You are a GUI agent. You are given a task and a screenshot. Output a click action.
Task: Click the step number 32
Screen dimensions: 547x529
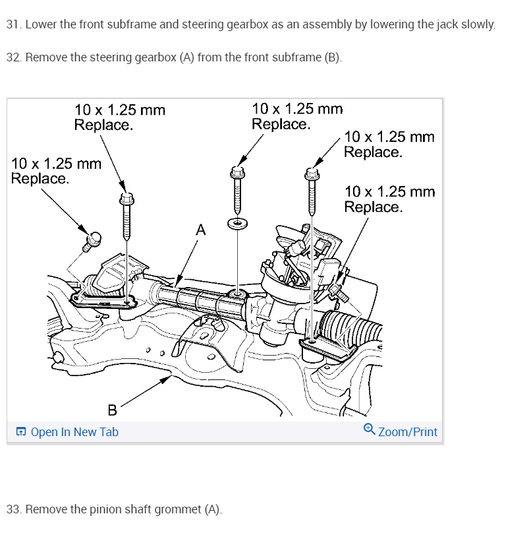point(13,57)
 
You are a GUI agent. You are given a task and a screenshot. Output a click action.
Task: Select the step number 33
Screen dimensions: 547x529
point(13,509)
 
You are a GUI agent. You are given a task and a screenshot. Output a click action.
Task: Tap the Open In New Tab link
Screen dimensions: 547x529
point(74,432)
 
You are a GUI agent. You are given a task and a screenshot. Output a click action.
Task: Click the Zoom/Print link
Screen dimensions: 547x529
point(407,432)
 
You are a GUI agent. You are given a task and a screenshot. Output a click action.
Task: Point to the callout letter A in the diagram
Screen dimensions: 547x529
point(200,230)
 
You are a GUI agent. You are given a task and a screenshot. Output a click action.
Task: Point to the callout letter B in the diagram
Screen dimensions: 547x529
point(112,410)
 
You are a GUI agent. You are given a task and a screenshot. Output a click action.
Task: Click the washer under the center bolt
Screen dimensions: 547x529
point(237,222)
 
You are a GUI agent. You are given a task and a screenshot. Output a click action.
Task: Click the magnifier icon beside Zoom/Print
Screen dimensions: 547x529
point(370,430)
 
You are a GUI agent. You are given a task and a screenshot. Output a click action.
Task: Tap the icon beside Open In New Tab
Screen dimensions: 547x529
point(22,432)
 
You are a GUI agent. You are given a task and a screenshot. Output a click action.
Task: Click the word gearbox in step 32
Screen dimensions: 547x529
point(155,57)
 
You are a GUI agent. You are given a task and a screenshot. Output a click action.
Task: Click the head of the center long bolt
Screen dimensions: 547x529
point(237,173)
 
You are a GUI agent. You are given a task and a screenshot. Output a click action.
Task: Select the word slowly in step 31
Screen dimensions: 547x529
point(477,25)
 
